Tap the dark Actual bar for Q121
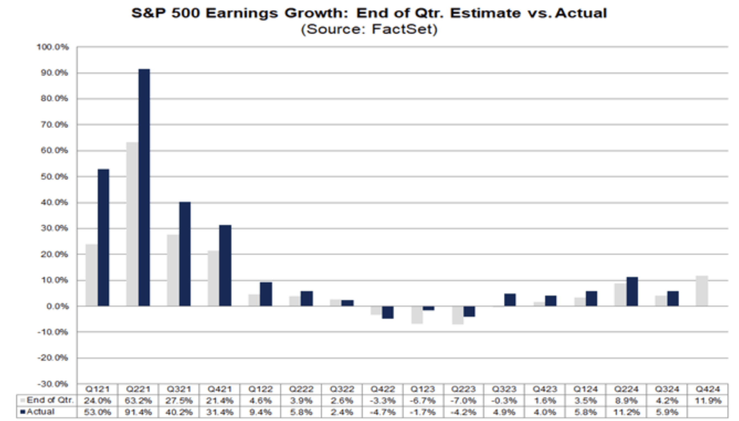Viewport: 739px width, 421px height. click(103, 237)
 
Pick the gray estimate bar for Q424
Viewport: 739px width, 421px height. click(702, 291)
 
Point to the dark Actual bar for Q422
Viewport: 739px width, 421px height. click(387, 312)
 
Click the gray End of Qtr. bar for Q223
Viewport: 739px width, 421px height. click(458, 315)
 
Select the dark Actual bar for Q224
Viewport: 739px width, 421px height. click(632, 291)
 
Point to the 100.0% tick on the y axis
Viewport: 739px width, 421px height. click(53, 47)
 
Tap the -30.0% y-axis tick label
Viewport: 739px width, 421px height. click(53, 384)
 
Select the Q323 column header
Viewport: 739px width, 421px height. click(504, 389)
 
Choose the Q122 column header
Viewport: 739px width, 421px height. click(260, 389)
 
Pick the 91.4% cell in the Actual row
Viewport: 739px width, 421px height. click(138, 412)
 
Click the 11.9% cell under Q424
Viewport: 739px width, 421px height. click(708, 401)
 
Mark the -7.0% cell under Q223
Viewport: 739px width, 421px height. click(463, 401)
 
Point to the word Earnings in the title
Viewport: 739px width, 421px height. click(242, 13)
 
